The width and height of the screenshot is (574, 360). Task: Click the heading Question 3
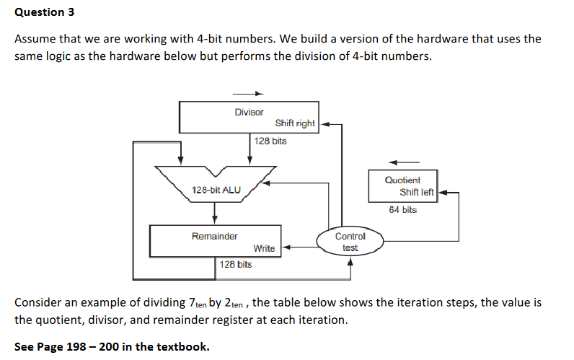(x=44, y=12)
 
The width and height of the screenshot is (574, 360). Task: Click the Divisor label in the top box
(x=249, y=113)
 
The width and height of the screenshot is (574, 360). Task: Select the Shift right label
(x=295, y=123)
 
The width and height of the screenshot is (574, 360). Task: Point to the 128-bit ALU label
(x=216, y=190)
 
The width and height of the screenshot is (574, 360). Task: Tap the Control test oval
(x=350, y=242)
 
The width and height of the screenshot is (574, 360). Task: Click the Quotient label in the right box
(x=402, y=180)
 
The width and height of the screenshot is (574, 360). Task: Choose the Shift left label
(x=417, y=192)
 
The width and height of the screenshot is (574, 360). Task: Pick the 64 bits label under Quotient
(x=402, y=210)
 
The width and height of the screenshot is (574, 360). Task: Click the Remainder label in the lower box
(x=214, y=236)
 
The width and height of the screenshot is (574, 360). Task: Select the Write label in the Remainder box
(x=264, y=248)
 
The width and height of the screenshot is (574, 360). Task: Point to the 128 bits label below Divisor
(x=270, y=141)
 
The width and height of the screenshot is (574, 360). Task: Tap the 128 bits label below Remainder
(x=236, y=265)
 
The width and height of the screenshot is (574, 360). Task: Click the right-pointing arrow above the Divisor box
(x=249, y=93)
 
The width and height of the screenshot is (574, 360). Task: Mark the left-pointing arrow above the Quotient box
(x=404, y=161)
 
